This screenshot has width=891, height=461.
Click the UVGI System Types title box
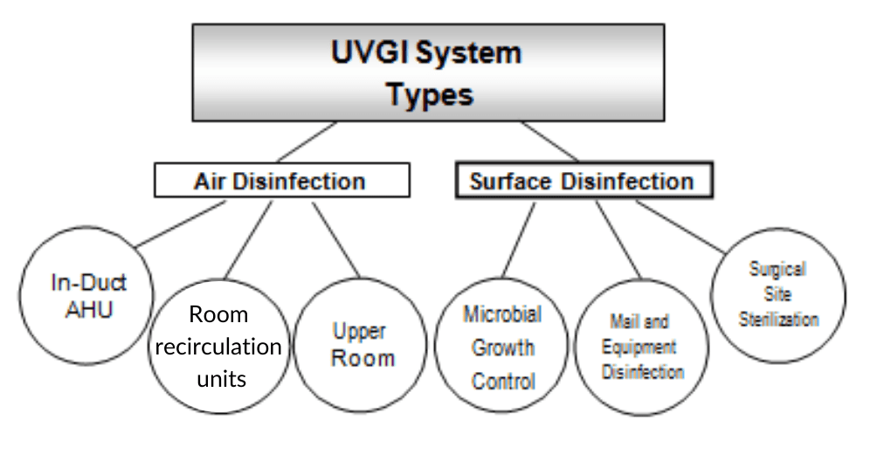[428, 72]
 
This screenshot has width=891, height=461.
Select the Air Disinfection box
[282, 180]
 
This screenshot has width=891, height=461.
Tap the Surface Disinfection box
[584, 181]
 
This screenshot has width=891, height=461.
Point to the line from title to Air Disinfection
[307, 142]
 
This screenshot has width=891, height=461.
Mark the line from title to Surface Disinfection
[549, 142]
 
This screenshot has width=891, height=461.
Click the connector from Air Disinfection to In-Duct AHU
[180, 224]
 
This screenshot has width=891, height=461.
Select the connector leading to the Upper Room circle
[335, 239]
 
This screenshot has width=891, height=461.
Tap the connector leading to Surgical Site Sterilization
[680, 226]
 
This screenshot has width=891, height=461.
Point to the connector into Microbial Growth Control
[519, 240]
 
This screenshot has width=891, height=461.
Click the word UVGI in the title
[370, 52]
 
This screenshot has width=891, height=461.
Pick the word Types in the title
[430, 94]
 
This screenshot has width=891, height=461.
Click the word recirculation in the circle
[218, 347]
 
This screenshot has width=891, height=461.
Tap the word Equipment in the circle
[639, 347]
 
